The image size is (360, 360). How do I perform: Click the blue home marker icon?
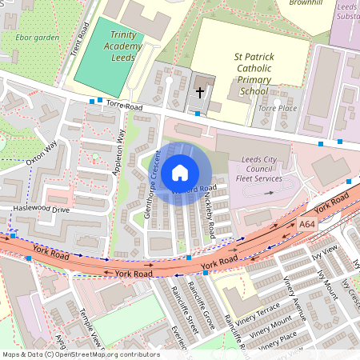coord(180,172)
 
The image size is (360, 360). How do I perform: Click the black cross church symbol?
coord(200,93)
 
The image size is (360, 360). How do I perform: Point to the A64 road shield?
coord(308,225)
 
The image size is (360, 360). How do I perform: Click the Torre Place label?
coord(277,108)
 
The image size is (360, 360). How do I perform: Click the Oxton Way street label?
coord(42,151)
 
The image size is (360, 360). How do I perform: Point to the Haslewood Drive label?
coord(41,209)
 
